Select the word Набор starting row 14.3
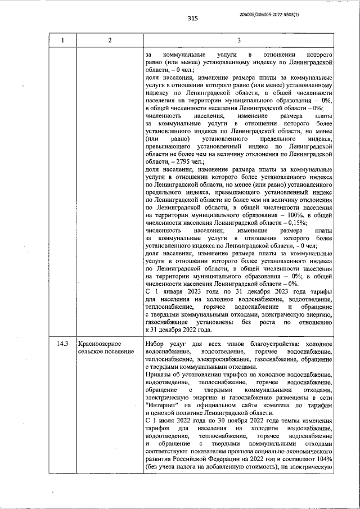(154, 343)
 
